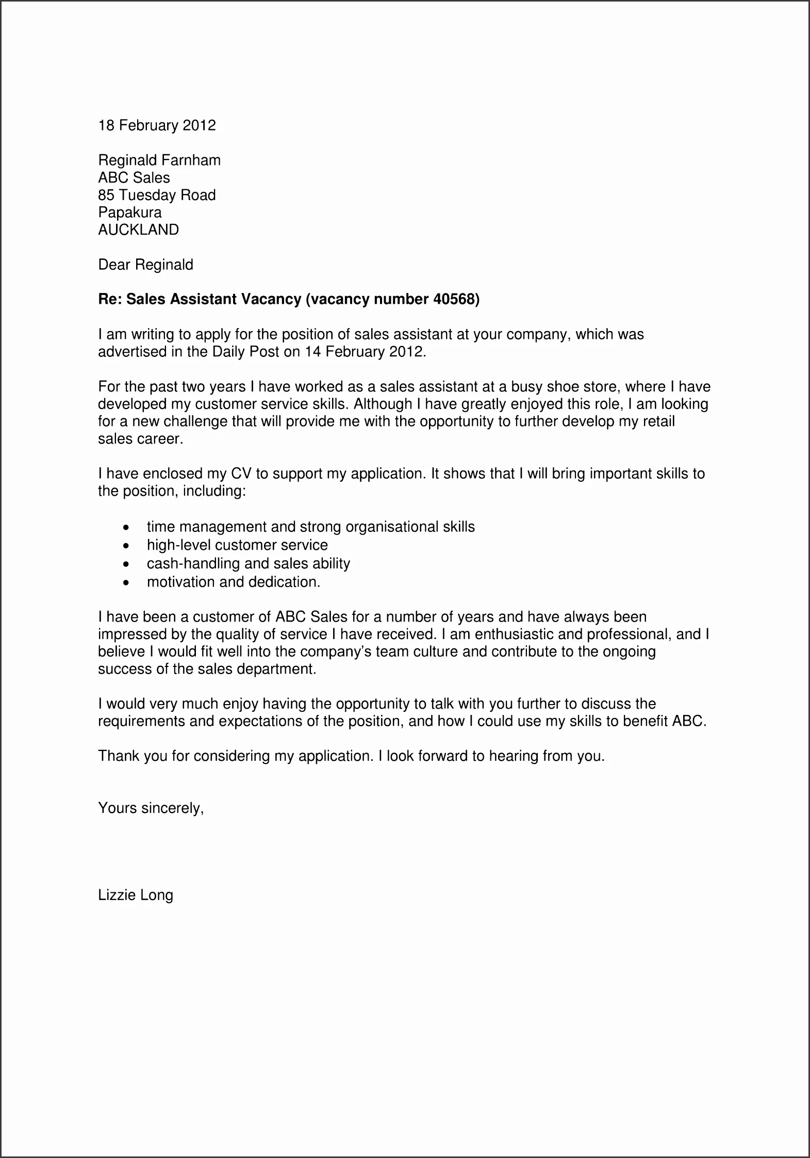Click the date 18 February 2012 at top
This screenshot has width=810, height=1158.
157,125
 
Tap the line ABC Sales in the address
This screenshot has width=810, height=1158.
134,178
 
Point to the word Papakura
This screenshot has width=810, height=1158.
129,213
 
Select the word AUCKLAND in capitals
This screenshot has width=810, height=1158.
138,230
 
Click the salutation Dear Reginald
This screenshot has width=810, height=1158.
145,265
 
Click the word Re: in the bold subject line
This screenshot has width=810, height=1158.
110,299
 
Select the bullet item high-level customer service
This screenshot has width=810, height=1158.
237,545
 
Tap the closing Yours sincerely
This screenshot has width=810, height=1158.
151,808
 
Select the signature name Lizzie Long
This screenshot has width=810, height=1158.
136,895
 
